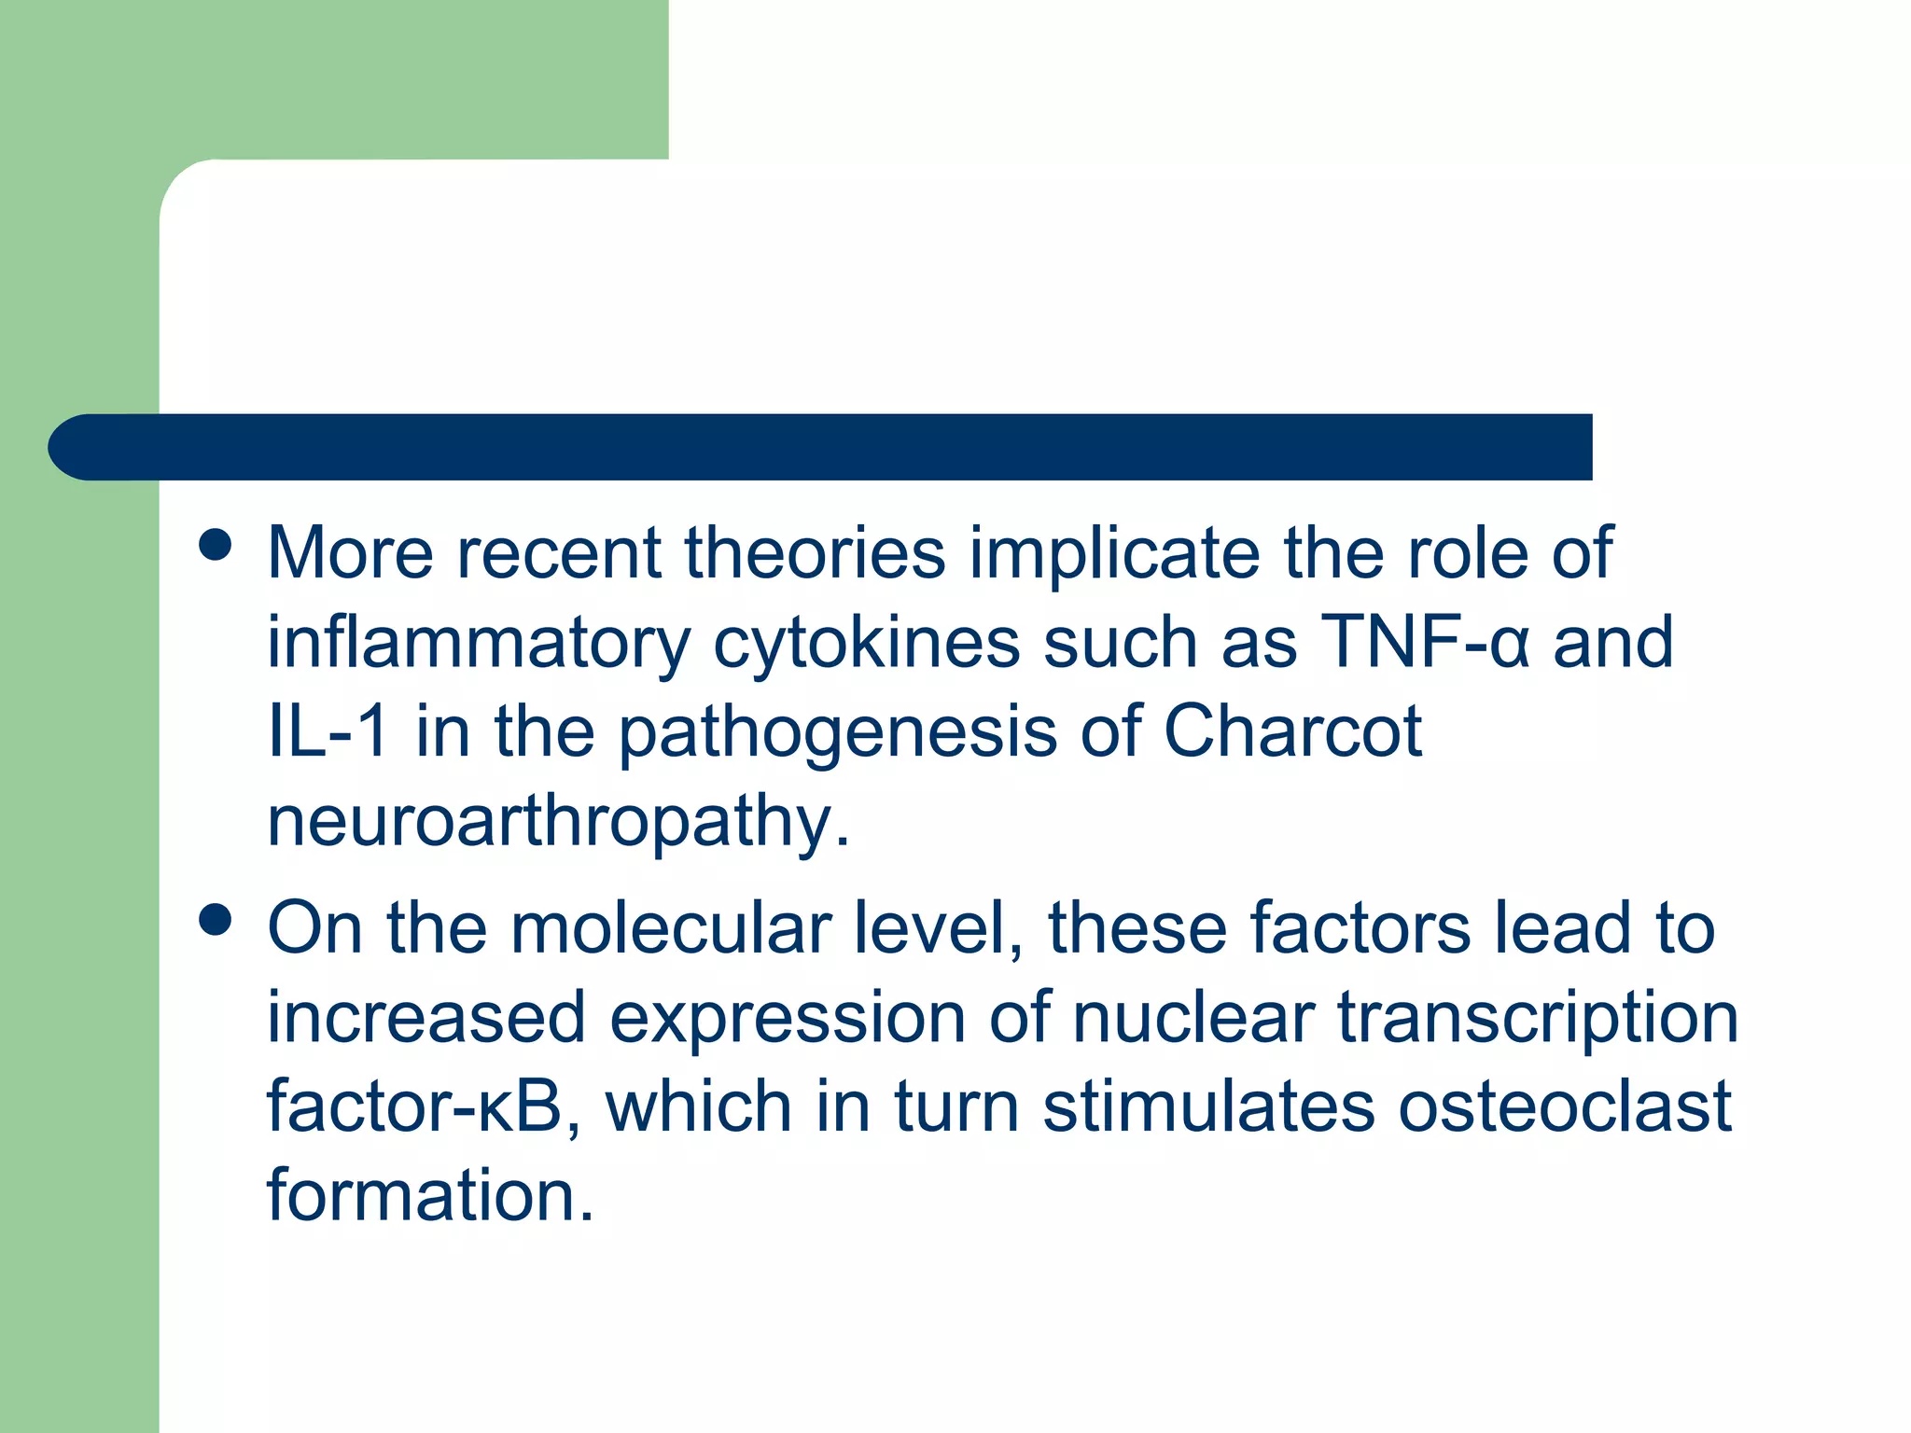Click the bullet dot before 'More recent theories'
click(216, 545)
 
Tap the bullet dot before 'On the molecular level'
click(216, 920)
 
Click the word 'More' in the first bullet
click(350, 553)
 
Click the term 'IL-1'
click(328, 731)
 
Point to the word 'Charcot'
click(1292, 731)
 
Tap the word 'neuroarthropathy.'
click(559, 822)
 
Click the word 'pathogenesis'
click(838, 733)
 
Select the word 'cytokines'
click(866, 644)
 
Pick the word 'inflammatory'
click(479, 644)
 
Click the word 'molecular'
click(671, 928)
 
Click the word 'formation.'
click(430, 1195)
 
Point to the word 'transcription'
click(1538, 1019)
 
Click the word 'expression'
click(788, 1019)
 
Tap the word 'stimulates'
click(1208, 1106)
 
